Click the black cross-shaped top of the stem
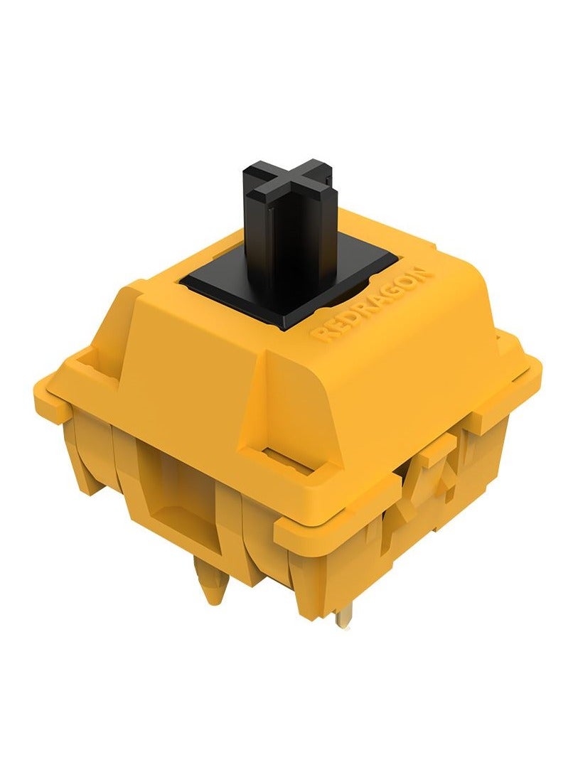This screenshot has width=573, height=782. point(288,183)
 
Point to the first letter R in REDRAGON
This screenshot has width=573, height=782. point(318,333)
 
